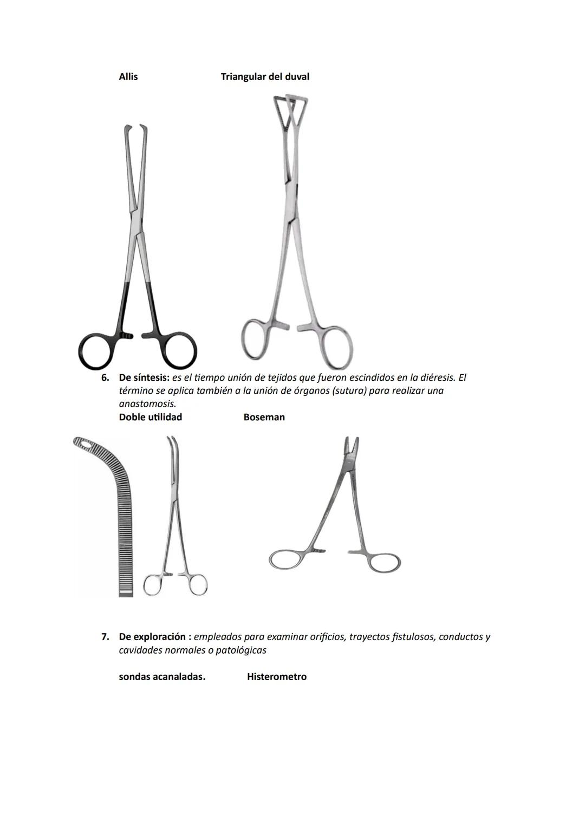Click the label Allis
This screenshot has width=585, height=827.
(128, 77)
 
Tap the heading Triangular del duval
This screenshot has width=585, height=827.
(265, 77)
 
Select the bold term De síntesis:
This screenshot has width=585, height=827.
(144, 377)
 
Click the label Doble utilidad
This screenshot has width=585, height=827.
(150, 417)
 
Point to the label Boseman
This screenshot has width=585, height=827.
(264, 417)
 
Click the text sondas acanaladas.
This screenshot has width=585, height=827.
(162, 677)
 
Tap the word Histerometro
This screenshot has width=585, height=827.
(276, 677)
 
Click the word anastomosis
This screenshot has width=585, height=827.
(147, 404)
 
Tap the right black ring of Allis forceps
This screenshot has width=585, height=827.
(180, 351)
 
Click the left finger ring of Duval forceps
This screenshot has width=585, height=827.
(257, 340)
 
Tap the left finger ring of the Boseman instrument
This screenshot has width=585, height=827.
(288, 559)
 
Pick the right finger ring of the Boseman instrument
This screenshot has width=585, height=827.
(384, 563)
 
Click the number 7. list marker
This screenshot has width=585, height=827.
(106, 637)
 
